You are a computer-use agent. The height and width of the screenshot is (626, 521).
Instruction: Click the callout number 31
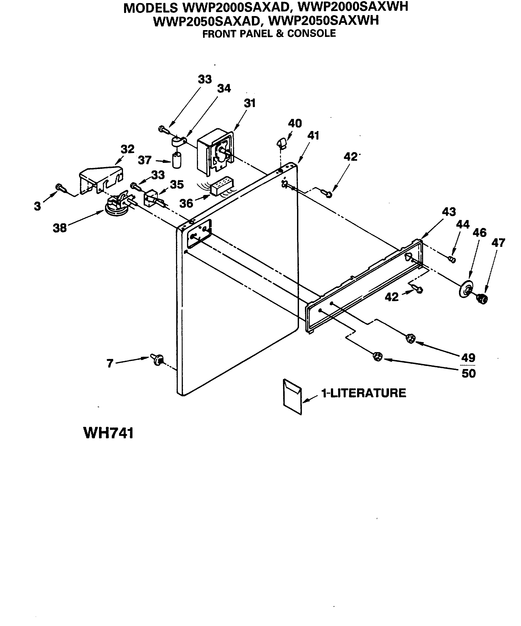[x=250, y=104]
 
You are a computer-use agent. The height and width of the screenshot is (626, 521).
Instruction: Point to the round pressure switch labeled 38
[x=115, y=206]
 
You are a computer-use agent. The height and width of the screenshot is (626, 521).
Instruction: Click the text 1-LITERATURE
[x=363, y=393]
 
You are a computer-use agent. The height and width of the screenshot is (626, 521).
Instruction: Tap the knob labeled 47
[x=482, y=298]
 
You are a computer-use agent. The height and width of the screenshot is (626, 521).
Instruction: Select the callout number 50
[x=468, y=373]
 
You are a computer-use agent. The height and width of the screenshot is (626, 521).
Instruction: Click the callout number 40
[x=295, y=123]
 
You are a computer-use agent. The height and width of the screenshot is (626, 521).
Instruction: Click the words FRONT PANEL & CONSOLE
[x=269, y=34]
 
